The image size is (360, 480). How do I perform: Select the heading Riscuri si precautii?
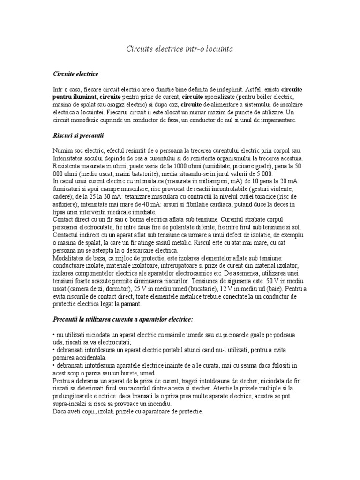coord(78,135)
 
